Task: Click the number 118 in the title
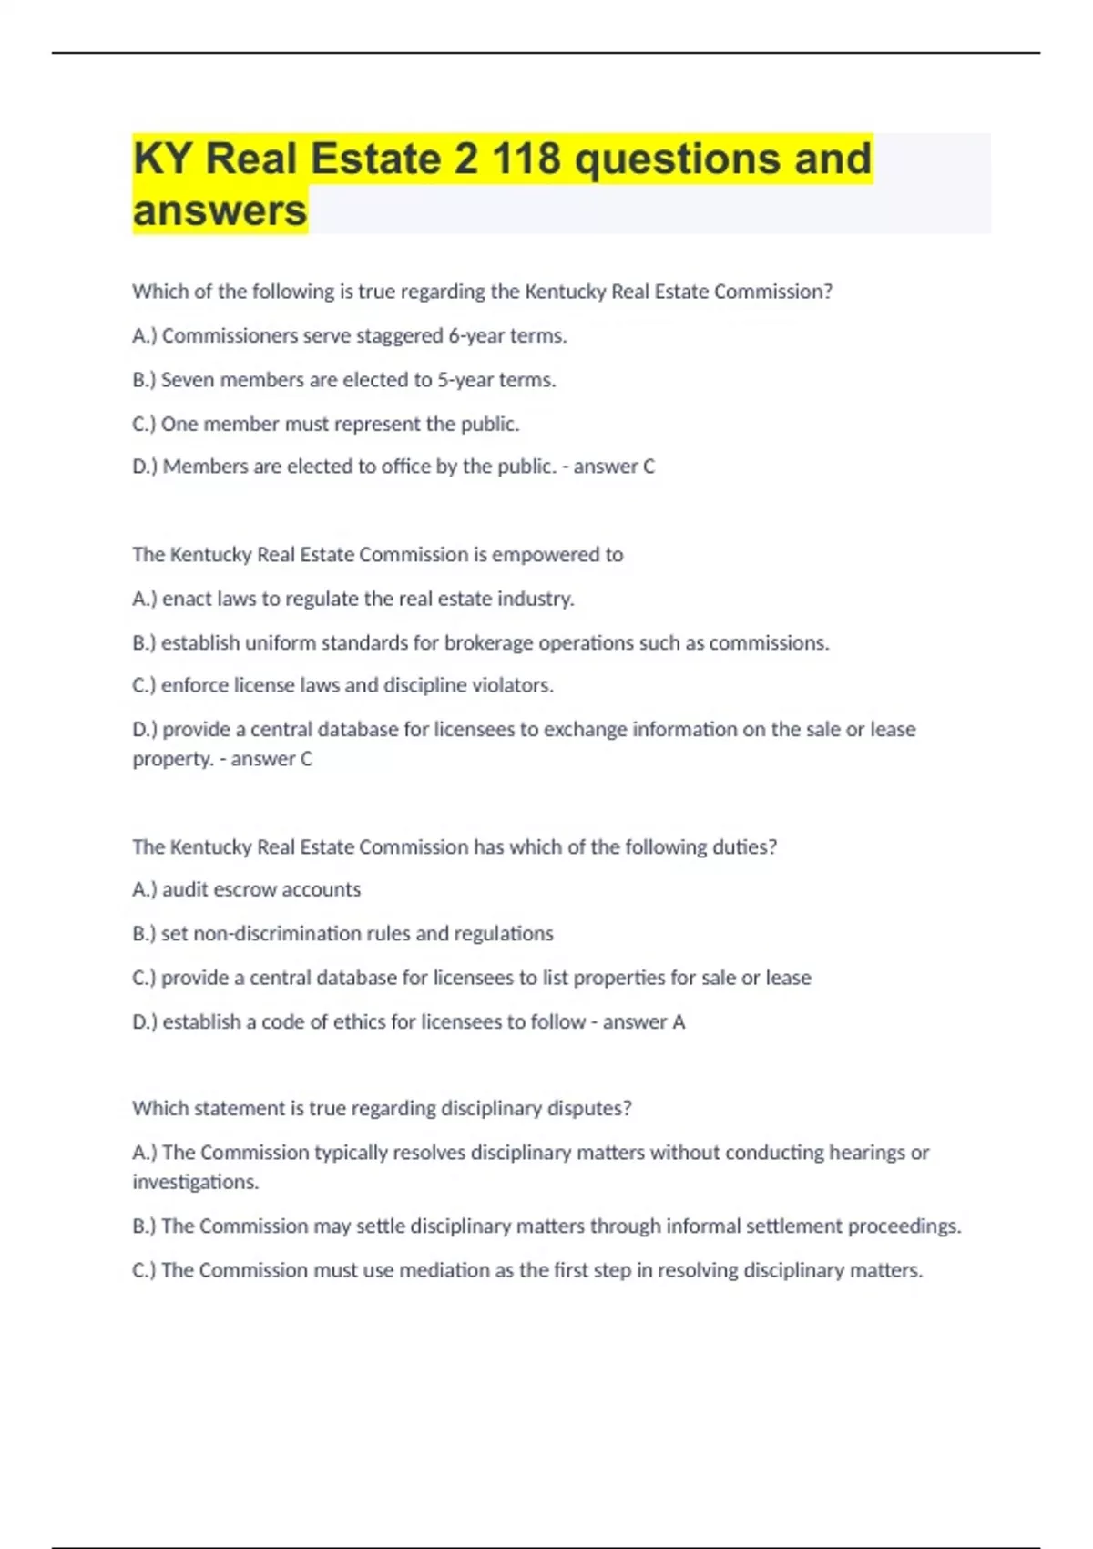[526, 159]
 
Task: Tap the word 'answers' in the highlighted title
[220, 210]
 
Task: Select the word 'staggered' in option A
[400, 336]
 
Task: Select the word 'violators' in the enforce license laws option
[513, 685]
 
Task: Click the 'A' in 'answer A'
[679, 1022]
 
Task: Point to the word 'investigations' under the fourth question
[195, 1183]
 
